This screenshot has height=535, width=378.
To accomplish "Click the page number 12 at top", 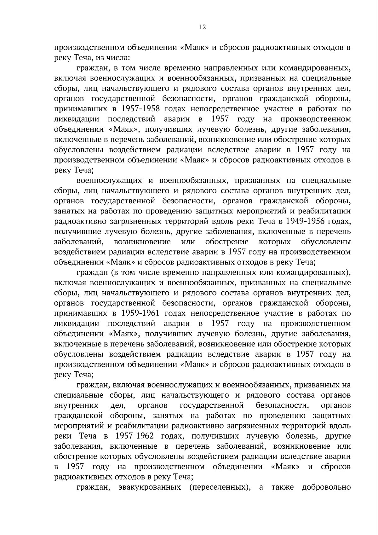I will pos(202,27).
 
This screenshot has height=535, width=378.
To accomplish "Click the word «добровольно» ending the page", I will pos(326,487).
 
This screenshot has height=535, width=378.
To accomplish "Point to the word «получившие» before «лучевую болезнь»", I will pos(75,232).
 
